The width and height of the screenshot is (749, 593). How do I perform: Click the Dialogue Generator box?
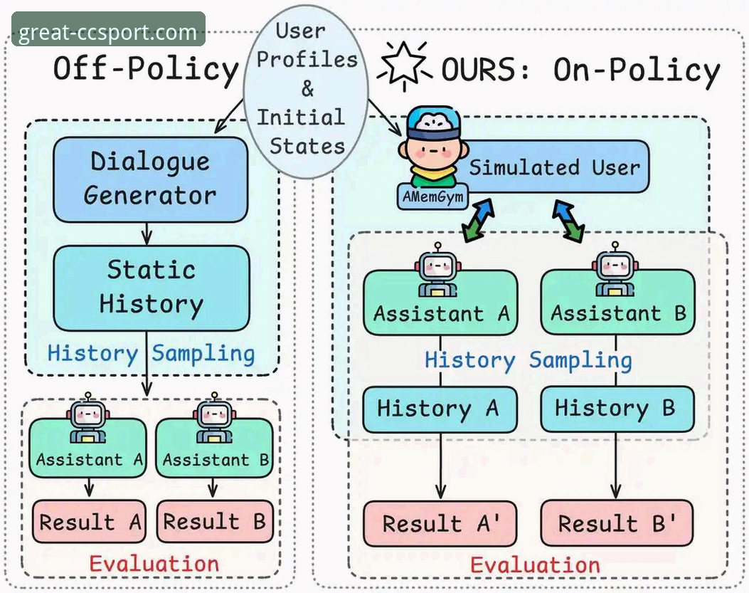[151, 180]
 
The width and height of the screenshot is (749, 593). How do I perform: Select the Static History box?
[151, 288]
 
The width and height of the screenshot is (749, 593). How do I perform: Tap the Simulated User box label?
[554, 167]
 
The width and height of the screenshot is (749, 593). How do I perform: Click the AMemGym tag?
[432, 196]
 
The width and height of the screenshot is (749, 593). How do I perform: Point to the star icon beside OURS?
[404, 65]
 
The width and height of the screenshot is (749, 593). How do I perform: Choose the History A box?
[440, 409]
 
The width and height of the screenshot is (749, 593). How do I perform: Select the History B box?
[617, 409]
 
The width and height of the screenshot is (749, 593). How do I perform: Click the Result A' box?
[440, 523]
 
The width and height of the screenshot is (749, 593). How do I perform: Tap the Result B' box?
[617, 523]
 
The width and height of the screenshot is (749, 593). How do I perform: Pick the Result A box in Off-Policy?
[89, 522]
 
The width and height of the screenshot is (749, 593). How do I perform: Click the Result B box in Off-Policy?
[215, 522]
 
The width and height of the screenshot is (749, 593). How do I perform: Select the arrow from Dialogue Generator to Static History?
[147, 233]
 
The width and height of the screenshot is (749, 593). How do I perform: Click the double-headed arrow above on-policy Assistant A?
[478, 221]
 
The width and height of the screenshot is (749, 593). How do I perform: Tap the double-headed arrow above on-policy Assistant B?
[569, 221]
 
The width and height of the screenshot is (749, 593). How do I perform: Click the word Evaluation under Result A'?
[535, 565]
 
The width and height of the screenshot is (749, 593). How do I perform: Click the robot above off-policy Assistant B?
[215, 418]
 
